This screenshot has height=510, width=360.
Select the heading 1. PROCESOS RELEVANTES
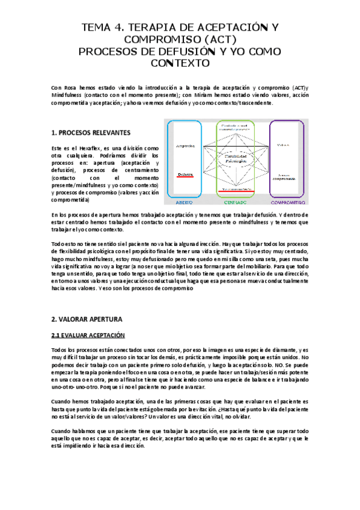click(x=90, y=132)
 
